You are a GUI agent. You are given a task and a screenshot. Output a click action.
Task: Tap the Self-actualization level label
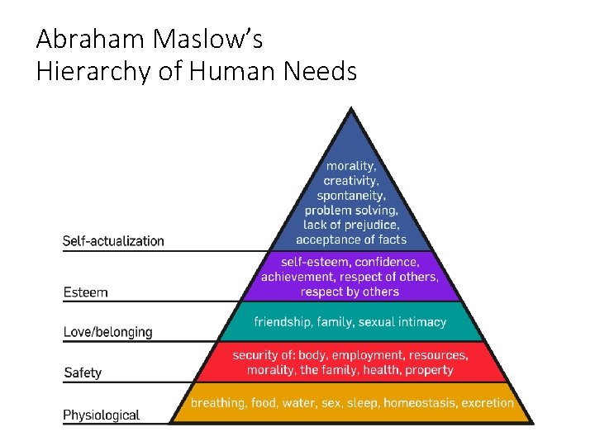click(114, 241)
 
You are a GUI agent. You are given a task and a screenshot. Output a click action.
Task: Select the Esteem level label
click(86, 292)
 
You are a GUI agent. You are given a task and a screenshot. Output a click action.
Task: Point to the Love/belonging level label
click(108, 332)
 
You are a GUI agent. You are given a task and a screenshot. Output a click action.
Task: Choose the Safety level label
click(83, 372)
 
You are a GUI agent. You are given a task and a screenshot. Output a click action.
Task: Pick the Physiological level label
click(102, 415)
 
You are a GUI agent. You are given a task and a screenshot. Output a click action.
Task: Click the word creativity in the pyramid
click(351, 180)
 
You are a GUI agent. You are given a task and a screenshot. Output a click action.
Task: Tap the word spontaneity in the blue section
click(351, 195)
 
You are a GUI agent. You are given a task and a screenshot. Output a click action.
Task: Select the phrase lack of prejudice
click(351, 225)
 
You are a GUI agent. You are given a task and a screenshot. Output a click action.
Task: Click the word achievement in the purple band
click(297, 277)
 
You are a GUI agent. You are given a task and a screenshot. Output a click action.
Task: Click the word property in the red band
click(428, 370)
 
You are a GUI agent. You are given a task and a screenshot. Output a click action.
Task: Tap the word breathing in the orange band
click(217, 403)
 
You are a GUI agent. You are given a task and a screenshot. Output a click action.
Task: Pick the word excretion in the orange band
click(488, 403)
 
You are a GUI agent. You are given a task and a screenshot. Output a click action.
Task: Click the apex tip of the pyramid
click(351, 108)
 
